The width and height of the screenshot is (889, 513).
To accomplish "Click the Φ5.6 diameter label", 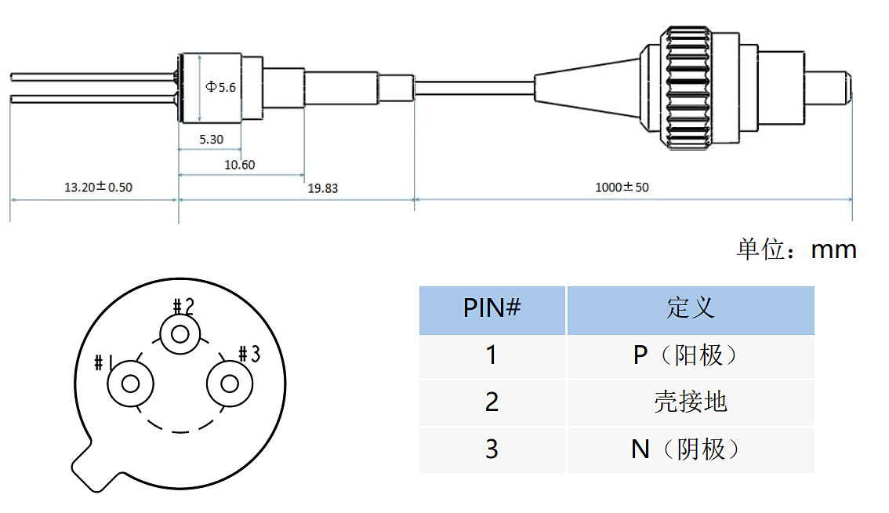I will point(220,87).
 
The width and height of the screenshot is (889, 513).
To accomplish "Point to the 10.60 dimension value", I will point(239,165).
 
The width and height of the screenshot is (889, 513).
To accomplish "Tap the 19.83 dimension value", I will point(323,188).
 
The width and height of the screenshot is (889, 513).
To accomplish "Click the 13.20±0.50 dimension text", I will point(98,187).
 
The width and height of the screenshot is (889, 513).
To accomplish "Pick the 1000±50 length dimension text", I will point(622,187).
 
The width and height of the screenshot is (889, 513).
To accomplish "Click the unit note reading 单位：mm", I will point(796,249).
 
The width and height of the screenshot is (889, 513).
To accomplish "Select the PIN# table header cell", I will point(492,308).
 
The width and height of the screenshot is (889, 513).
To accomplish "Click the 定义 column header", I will point(690,308).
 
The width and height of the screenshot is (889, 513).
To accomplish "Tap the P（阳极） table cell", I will point(690,355).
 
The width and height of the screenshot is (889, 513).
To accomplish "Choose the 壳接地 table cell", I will point(690,402).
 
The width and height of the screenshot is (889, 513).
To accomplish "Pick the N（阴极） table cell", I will point(690,449).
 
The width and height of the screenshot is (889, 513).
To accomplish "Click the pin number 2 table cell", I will point(492,402).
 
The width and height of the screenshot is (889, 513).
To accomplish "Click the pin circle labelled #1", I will point(131,384).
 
